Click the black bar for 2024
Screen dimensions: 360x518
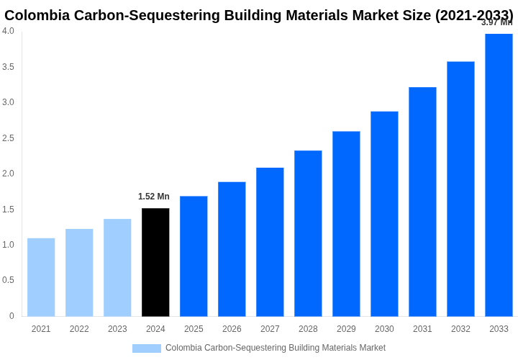coord(155,262)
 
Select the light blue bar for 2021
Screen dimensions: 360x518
coord(41,277)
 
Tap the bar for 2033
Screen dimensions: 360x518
coord(499,175)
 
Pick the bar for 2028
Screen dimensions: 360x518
coord(308,233)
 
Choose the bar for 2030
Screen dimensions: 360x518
coord(384,214)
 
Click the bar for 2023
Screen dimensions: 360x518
coord(117,268)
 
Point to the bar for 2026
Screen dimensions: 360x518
coord(232,249)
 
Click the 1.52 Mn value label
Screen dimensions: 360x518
coord(154,197)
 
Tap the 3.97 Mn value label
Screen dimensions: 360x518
coord(496,22)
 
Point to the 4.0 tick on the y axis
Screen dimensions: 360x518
coord(8,31)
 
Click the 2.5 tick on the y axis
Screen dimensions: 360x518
coord(8,138)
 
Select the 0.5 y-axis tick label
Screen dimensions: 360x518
coord(8,280)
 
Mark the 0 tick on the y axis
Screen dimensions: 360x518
coord(12,316)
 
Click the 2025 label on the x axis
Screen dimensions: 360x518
coord(194,329)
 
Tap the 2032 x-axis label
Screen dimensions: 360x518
coord(460,329)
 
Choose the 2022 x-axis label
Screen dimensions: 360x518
coord(79,329)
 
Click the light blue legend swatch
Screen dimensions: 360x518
coord(146,348)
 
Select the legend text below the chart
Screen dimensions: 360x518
coord(276,348)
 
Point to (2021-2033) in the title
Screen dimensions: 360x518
coord(474,15)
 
